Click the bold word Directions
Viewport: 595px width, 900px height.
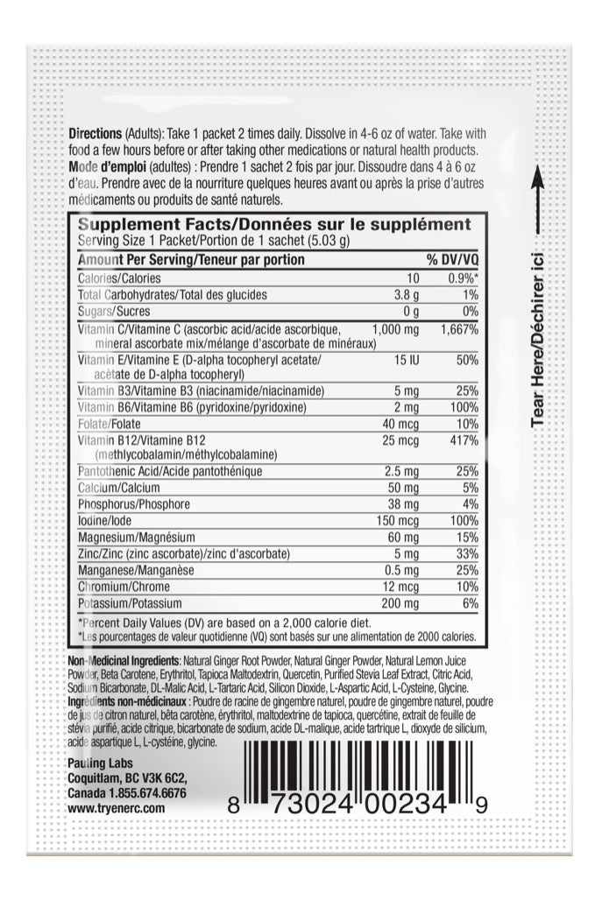pos(95,133)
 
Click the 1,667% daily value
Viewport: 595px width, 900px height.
pos(460,329)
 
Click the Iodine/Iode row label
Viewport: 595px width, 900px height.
pos(106,520)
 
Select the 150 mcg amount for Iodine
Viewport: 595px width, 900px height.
pos(402,520)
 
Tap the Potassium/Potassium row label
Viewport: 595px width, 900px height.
pos(130,603)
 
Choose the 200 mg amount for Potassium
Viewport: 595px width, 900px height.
pos(402,603)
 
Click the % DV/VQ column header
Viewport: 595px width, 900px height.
pos(452,260)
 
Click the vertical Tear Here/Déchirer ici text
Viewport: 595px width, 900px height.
pos(538,329)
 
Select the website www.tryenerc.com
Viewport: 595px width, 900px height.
pos(116,808)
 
